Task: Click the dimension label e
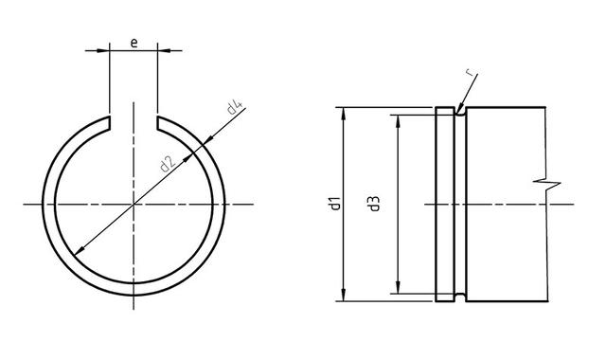[134, 43]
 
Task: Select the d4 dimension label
[234, 108]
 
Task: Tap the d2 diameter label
[168, 164]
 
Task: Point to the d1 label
[335, 204]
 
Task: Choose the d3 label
[374, 204]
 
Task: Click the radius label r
[469, 72]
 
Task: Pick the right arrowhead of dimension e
[163, 50]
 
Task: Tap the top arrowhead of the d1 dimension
[343, 114]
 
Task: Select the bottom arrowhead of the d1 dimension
[343, 295]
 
